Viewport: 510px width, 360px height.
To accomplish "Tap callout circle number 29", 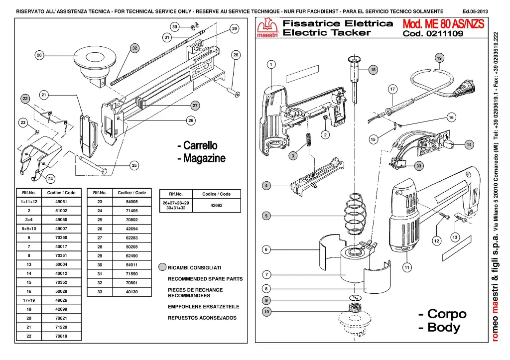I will pyautogui.click(x=234, y=29).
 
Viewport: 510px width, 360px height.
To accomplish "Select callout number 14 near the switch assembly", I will pyautogui.click(x=468, y=144).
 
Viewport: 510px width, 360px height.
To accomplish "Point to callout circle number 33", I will pyautogui.click(x=419, y=166).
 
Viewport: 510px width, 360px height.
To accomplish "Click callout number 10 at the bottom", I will pyautogui.click(x=266, y=312).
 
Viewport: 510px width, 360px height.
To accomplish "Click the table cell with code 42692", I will pyautogui.click(x=217, y=205).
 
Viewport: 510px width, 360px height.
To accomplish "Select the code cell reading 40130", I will pyautogui.click(x=131, y=292).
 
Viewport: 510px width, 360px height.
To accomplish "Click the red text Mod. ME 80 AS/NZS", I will pyautogui.click(x=442, y=24).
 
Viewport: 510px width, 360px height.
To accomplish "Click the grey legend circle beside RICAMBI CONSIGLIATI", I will pyautogui.click(x=162, y=267).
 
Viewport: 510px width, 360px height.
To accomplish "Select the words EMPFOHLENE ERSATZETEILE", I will pyautogui.click(x=204, y=306).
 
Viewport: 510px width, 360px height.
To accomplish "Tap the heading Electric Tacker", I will pyautogui.click(x=327, y=33).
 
